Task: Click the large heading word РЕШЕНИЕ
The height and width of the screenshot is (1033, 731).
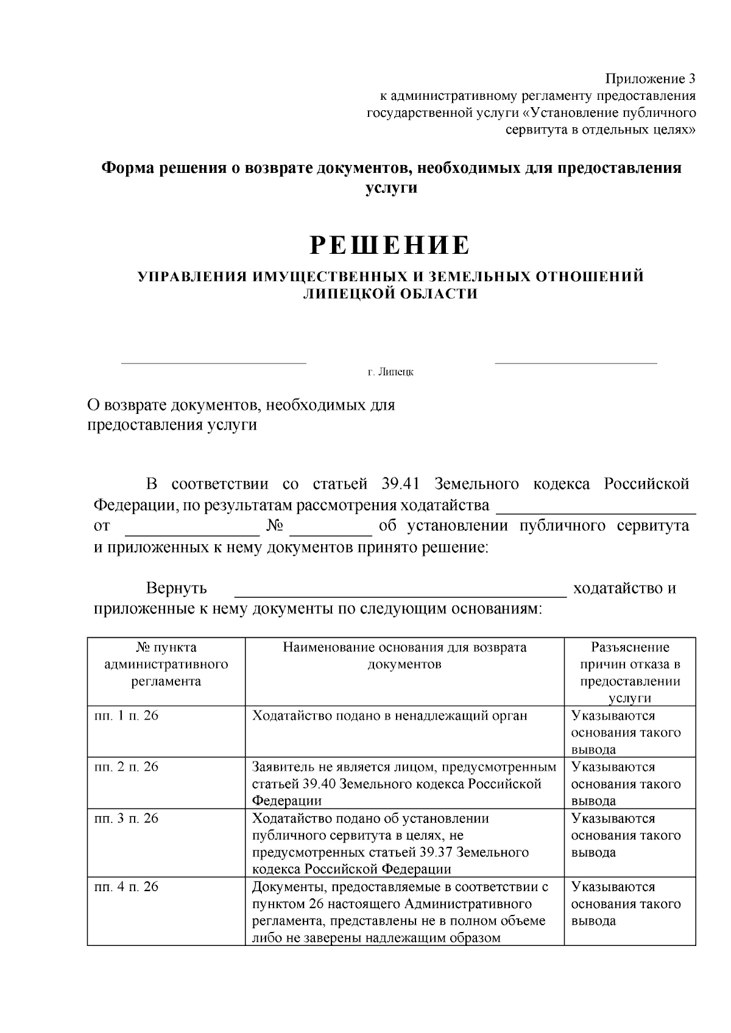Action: [390, 245]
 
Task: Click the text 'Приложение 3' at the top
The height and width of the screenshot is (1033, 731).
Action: [649, 79]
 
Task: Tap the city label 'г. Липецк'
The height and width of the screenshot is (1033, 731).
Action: [390, 371]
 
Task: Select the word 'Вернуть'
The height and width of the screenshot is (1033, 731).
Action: [176, 589]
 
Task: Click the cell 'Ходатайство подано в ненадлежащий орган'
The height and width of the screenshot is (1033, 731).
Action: [389, 716]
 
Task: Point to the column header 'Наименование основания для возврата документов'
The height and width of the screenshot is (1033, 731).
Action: [404, 656]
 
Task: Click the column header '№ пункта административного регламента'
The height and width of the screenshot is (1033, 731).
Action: [166, 664]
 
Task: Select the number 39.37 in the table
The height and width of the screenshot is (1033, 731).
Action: [439, 852]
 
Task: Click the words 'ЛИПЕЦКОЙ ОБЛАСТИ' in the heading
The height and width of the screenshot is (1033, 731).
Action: [390, 294]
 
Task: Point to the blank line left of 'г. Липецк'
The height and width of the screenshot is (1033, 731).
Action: [214, 363]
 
